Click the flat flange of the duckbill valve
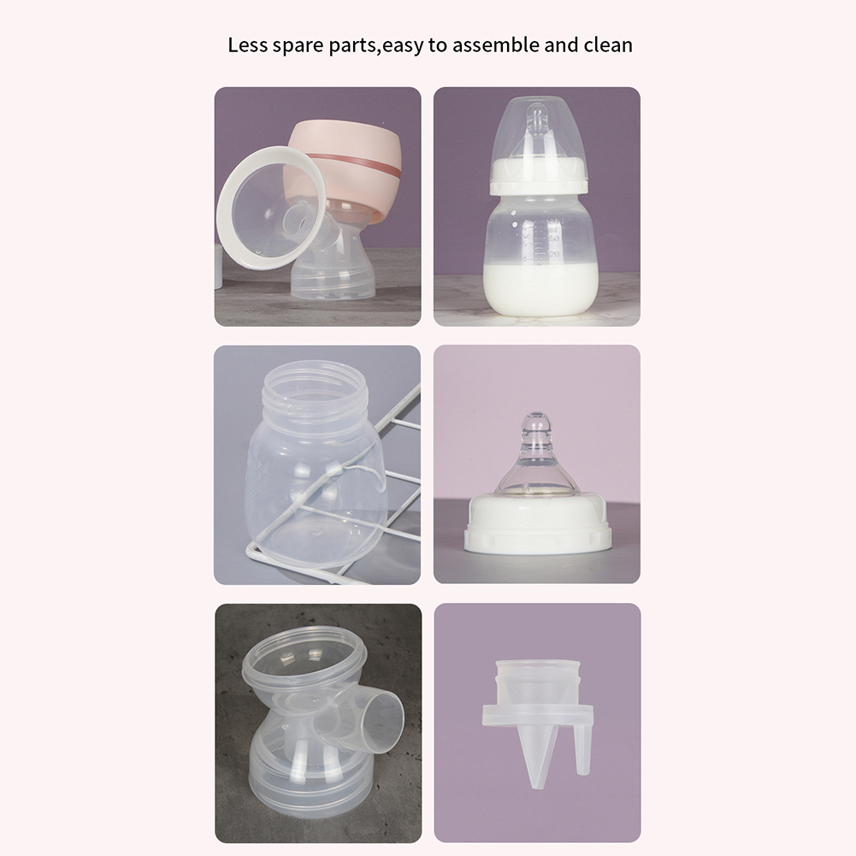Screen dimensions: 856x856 pyautogui.click(x=537, y=716)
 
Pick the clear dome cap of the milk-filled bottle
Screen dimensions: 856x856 pyautogui.click(x=538, y=131)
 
